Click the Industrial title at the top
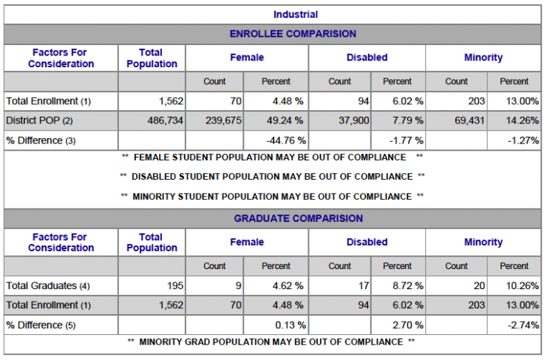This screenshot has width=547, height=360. point(296,15)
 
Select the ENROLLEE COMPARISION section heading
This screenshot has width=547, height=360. point(293,34)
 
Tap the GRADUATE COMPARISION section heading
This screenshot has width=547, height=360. point(299,218)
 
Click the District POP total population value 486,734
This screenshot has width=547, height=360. point(165,120)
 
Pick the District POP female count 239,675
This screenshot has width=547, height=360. point(223,120)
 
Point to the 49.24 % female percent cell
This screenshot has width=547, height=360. point(285,120)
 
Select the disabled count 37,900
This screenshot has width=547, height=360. point(354,120)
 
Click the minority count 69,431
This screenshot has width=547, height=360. point(469,120)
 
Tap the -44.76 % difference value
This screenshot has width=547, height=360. point(286,140)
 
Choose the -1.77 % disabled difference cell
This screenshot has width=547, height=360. point(407,140)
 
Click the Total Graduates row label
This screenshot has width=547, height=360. point(48,285)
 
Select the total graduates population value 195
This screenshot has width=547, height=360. point(174,285)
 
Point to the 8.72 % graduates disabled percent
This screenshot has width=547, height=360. point(408,285)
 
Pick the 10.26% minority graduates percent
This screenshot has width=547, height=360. point(522,285)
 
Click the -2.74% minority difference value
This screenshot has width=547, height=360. point(523,325)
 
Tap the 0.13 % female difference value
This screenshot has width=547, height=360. point(291,325)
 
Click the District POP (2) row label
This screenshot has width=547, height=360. point(39,120)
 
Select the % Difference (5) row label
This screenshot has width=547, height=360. point(41,325)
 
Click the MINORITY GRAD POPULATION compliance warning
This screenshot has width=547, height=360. point(271,342)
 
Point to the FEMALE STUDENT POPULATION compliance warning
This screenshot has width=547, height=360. point(272,157)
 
